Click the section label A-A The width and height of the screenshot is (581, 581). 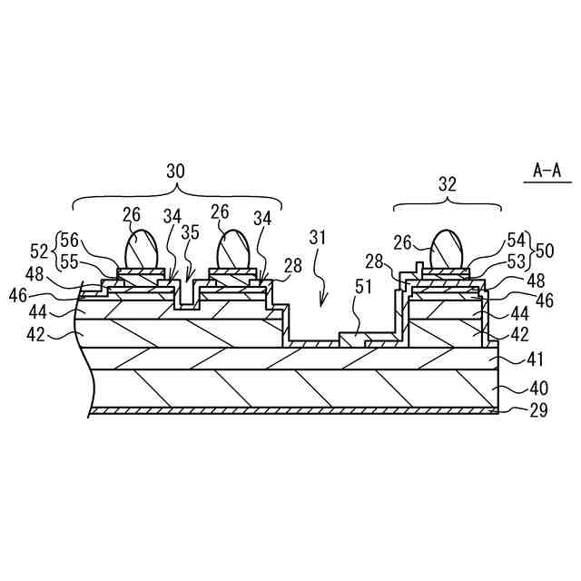click(x=547, y=170)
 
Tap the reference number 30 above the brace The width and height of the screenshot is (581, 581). click(x=175, y=170)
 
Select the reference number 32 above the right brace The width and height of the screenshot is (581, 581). click(x=448, y=183)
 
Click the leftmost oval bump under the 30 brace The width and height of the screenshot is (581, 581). click(x=142, y=249)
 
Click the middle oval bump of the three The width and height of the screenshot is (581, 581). click(x=233, y=249)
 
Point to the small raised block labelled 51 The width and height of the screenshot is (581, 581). click(x=353, y=339)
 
